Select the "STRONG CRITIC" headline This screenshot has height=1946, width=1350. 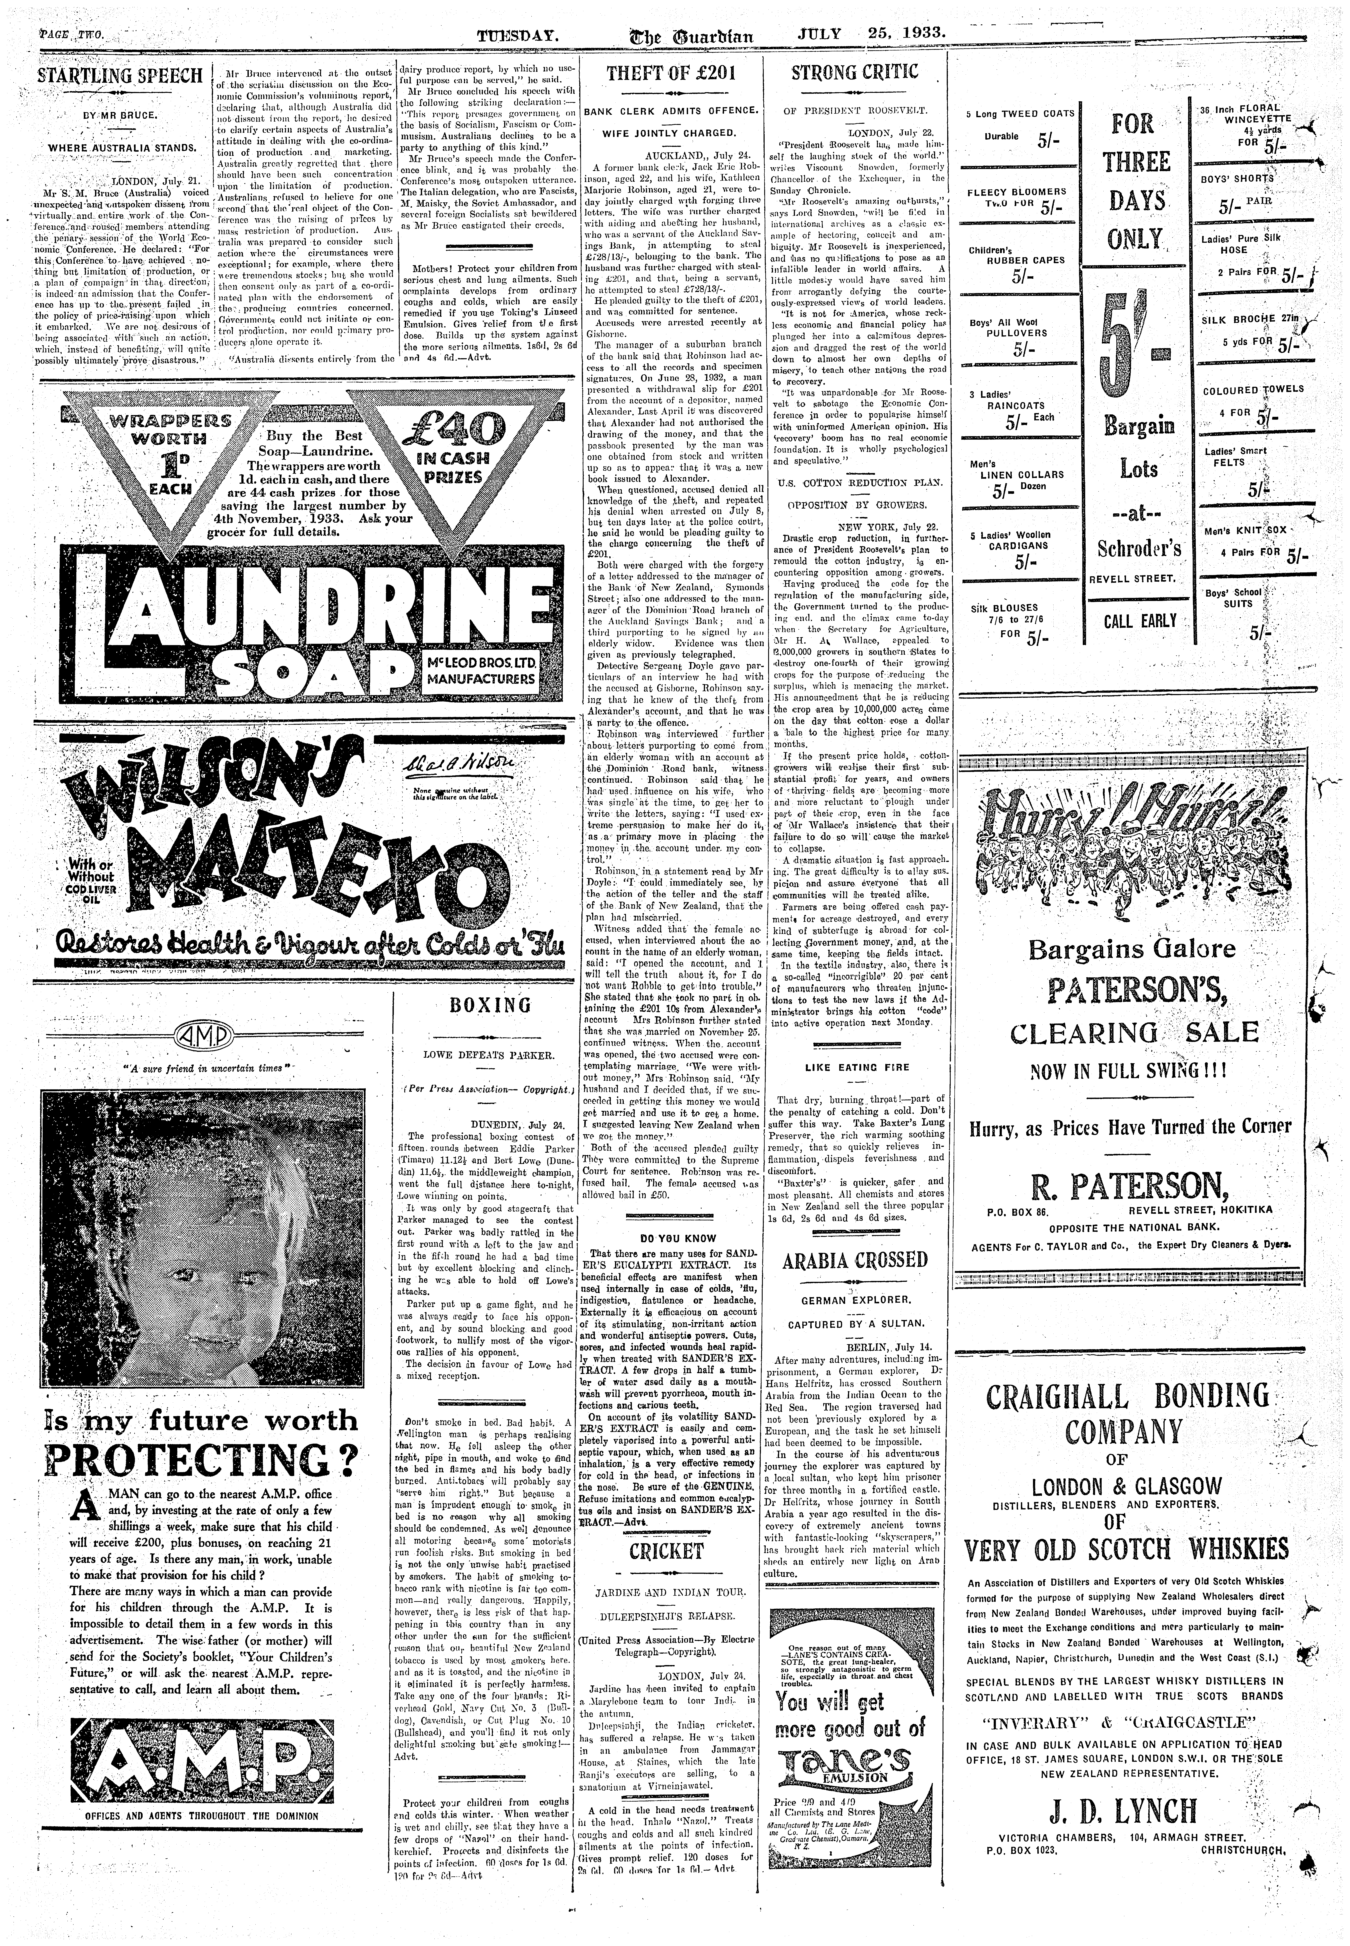(854, 73)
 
